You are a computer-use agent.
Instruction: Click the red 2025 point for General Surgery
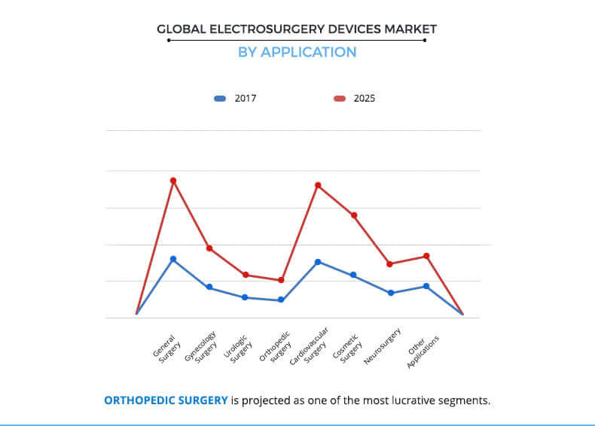(173, 181)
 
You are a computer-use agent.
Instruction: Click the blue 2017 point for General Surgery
(173, 259)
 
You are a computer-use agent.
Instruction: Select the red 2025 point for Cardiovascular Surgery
(318, 185)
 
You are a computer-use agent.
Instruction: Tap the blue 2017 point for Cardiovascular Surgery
(318, 262)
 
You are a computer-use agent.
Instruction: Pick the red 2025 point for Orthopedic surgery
(281, 280)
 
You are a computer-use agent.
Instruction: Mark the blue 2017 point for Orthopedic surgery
(281, 300)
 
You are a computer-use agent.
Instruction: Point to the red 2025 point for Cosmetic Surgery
(354, 215)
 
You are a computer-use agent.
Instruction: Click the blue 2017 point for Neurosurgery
(390, 293)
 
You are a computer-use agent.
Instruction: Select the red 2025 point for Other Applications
(426, 256)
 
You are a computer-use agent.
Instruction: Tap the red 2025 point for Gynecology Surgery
(209, 248)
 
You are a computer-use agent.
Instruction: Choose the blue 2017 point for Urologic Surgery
(245, 297)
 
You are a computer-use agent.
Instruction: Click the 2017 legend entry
(236, 98)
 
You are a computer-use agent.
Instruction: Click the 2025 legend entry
(355, 98)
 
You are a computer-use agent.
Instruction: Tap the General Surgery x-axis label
(165, 348)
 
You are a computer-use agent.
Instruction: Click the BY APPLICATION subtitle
(297, 52)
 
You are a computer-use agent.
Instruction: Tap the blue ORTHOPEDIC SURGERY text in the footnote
(166, 400)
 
